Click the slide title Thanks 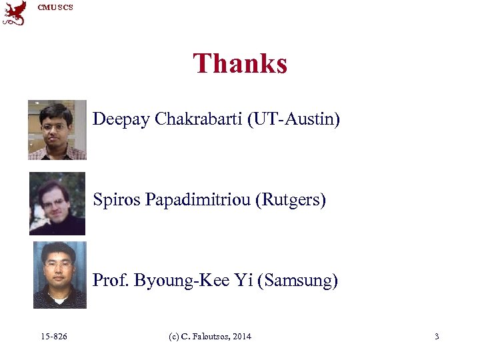[240, 64]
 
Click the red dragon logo [15, 13]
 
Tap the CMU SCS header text [55, 7]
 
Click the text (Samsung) [301, 281]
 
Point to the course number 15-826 [53, 337]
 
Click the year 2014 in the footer [242, 337]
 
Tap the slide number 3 [437, 337]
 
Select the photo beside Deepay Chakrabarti [57, 130]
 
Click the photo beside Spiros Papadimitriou [57, 204]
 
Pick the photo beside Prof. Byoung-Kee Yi [59, 275]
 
